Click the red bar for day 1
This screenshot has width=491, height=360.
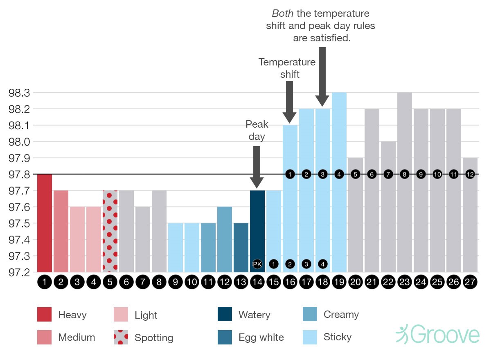(45, 223)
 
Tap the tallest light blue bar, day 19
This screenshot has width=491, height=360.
(339, 182)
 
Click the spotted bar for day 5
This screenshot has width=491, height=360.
(110, 231)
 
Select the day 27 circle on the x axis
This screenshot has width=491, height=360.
(470, 282)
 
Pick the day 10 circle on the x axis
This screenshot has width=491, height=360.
(192, 282)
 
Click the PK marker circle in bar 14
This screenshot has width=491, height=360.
(257, 264)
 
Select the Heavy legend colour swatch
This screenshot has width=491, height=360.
(45, 315)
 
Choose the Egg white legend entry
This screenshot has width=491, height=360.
(250, 337)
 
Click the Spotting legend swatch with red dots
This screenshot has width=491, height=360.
(121, 337)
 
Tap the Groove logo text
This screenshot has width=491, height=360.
(445, 334)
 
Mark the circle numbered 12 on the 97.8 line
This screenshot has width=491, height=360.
(470, 174)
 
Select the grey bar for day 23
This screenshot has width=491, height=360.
(405, 182)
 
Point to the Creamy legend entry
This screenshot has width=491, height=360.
(331, 315)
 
